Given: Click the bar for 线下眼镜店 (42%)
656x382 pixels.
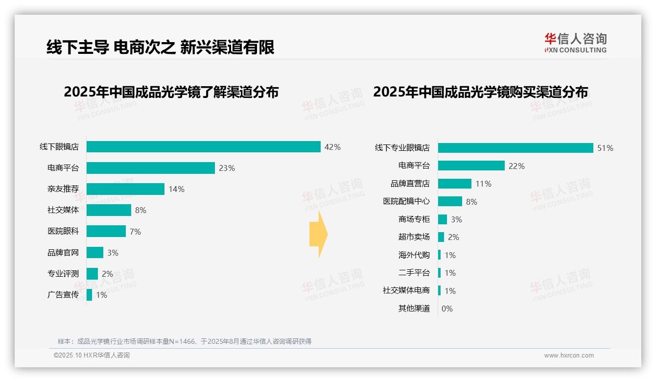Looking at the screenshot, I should [204, 147].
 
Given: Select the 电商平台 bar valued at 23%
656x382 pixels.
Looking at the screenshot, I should [151, 168].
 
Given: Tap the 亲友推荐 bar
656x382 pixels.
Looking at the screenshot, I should [125, 189].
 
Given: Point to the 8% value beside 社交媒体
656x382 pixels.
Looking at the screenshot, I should [141, 211].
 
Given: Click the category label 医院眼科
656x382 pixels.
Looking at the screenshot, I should [63, 231].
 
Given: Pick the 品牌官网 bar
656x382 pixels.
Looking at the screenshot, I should [95, 252].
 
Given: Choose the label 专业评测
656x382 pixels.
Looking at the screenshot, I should [63, 274].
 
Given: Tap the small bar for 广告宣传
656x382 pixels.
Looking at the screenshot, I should [90, 295].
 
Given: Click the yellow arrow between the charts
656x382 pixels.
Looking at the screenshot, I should [318, 235].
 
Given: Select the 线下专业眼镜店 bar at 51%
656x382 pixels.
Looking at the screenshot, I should [515, 148].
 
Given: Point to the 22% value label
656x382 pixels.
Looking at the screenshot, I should [516, 167].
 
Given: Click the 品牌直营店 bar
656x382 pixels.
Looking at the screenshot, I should [455, 184].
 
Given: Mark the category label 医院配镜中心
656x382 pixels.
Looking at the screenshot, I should [406, 201].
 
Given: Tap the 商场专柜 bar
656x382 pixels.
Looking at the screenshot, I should [443, 219].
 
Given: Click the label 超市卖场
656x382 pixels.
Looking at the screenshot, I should [414, 237].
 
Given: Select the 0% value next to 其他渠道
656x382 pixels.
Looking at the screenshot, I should [447, 309].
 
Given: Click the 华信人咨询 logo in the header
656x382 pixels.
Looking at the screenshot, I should [575, 43].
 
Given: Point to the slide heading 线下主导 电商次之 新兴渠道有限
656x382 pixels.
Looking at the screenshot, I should [160, 47].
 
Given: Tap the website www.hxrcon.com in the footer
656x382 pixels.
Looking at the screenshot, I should [569, 356].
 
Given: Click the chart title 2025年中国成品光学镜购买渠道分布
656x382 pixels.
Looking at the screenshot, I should [480, 92].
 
